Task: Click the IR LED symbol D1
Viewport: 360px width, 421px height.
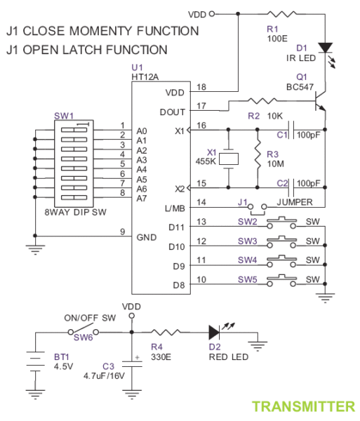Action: [324, 48]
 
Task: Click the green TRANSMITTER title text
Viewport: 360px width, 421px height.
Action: [303, 406]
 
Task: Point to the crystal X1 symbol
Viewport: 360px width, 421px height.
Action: [229, 159]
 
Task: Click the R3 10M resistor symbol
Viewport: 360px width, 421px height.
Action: [258, 155]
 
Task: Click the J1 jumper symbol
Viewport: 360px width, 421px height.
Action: [258, 207]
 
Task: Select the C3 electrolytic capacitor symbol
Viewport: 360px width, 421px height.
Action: [131, 363]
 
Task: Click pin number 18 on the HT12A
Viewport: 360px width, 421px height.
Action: [202, 87]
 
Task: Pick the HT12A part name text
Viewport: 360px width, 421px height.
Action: [145, 76]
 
